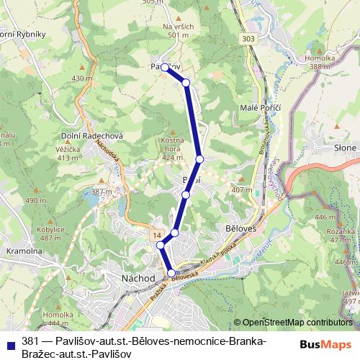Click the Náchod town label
(x=140, y=277)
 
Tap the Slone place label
(x=346, y=148)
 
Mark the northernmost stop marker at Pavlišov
(x=165, y=67)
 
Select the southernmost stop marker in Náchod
(x=171, y=273)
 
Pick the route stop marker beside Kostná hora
(x=199, y=159)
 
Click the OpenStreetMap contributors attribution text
(x=297, y=323)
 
